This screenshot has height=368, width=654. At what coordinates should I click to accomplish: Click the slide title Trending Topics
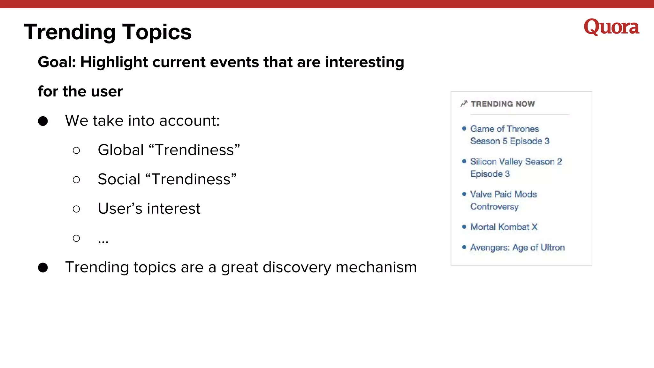coord(108,32)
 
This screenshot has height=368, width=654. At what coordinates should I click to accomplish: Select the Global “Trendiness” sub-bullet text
coord(169,150)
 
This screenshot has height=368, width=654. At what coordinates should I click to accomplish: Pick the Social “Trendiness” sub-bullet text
coord(167,179)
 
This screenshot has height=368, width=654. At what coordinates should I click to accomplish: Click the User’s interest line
coord(149,209)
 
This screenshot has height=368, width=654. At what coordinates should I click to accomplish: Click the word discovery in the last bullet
coord(297,267)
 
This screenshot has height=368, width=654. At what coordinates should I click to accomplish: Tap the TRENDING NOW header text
coord(503,104)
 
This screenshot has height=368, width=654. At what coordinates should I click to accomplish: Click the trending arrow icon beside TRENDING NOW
coord(464,103)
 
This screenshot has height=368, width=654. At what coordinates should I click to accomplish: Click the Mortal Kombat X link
coord(504,227)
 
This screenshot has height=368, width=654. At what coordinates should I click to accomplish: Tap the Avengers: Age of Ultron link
coord(517,248)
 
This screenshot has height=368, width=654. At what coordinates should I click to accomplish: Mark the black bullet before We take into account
coord(43,121)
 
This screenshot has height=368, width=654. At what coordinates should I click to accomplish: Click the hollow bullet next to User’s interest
coord(76,209)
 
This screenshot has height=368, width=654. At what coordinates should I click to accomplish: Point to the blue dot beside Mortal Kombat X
coord(464,227)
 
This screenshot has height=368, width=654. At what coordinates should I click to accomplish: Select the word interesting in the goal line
coord(364,62)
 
